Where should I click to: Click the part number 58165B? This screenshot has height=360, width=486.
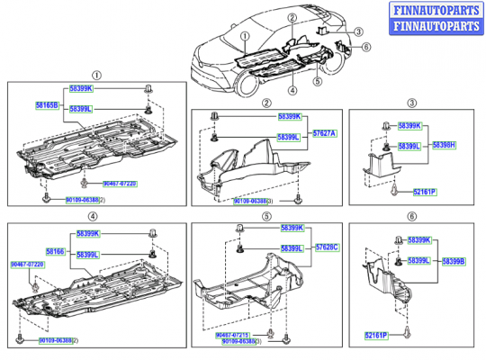click(x=47, y=105)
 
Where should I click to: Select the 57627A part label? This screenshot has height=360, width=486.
click(x=324, y=133)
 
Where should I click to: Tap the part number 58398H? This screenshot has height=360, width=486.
click(x=444, y=144)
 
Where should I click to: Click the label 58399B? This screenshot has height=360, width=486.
click(x=453, y=261)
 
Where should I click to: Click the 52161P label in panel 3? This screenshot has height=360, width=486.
click(x=426, y=192)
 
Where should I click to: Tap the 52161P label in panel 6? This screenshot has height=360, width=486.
click(x=376, y=335)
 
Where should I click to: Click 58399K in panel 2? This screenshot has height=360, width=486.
click(x=290, y=117)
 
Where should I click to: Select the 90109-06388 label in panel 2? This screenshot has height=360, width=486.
click(x=252, y=202)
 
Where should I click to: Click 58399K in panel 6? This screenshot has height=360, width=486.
click(x=416, y=240)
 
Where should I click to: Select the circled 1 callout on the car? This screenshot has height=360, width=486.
click(x=244, y=39)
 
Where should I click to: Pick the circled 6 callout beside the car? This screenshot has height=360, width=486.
click(x=367, y=47)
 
